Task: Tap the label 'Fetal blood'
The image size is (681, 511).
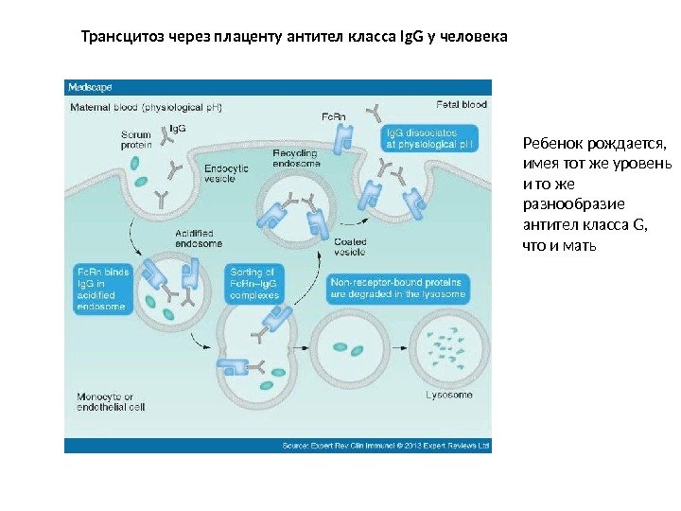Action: (x=463, y=105)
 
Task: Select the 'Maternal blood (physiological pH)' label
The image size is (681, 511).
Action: (x=147, y=107)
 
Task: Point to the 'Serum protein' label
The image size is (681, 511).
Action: (x=136, y=141)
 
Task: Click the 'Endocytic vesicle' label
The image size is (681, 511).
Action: (x=226, y=173)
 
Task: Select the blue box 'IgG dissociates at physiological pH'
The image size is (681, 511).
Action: (x=436, y=139)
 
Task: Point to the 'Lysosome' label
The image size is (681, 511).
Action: (x=449, y=395)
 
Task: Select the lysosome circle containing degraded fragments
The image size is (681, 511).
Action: (x=449, y=345)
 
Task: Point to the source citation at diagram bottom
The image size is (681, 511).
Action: (x=387, y=443)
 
